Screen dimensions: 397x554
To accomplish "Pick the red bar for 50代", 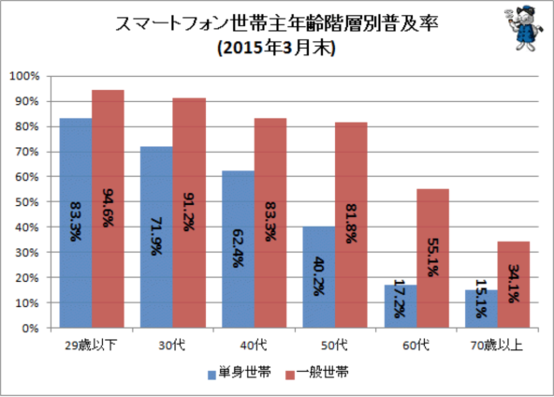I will coord(351,225).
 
